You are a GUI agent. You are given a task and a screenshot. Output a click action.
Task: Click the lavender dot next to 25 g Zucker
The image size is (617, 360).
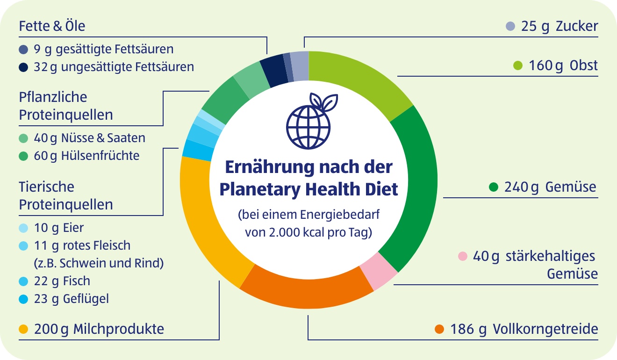pos(510,27)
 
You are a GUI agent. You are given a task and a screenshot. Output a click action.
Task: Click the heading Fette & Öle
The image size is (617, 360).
pos(52,26)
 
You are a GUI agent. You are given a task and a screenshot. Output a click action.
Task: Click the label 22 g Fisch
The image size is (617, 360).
pos(62,281)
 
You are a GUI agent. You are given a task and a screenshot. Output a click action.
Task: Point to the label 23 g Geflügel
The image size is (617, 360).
pos(71,299)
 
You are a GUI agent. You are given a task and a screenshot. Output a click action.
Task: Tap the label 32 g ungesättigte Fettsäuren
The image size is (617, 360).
pos(114,67)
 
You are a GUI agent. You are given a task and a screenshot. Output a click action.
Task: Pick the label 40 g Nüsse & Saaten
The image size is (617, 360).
pos(89,138)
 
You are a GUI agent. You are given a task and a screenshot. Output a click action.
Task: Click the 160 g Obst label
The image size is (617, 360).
pos(563,66)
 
